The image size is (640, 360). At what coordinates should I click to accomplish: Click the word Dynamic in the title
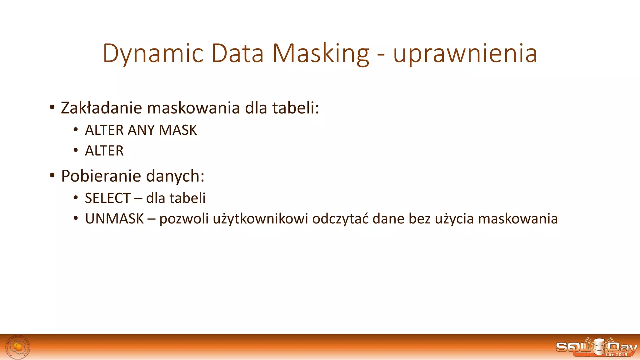pyautogui.click(x=153, y=54)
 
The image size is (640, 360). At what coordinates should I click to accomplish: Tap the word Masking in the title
pyautogui.click(x=321, y=54)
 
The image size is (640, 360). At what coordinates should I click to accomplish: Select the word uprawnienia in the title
pyautogui.click(x=465, y=54)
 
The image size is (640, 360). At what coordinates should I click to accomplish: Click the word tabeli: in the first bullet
pyautogui.click(x=296, y=108)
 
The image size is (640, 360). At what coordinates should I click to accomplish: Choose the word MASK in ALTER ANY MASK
pyautogui.click(x=178, y=130)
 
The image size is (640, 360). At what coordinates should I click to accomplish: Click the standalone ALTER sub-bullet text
pyautogui.click(x=104, y=151)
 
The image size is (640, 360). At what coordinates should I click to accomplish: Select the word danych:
pyautogui.click(x=175, y=176)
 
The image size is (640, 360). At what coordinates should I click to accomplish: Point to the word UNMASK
pyautogui.click(x=114, y=219)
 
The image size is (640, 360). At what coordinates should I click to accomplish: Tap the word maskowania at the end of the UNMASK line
pyautogui.click(x=518, y=219)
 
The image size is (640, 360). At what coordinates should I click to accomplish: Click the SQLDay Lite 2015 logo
pyautogui.click(x=596, y=347)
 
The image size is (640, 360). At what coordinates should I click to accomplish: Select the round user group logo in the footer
pyautogui.click(x=18, y=347)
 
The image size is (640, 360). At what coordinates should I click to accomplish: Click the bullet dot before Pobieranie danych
pyautogui.click(x=52, y=175)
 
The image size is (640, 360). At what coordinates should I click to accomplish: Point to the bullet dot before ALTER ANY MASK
pyautogui.click(x=76, y=130)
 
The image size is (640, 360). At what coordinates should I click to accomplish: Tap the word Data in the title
pyautogui.click(x=237, y=54)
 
